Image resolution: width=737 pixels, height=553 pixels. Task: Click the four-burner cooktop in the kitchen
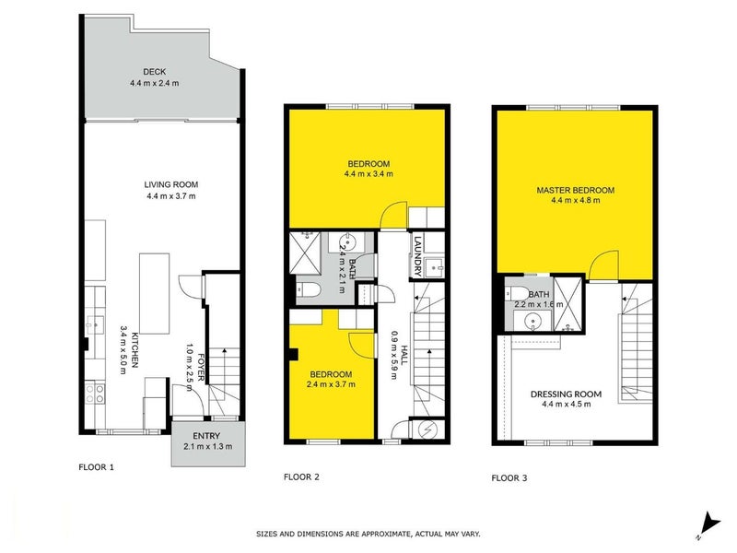tap(94, 395)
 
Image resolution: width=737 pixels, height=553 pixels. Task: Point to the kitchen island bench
tap(154, 294)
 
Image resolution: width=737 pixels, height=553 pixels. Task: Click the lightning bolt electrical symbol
tap(425, 429)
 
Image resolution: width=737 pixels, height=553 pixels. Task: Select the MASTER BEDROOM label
tap(575, 191)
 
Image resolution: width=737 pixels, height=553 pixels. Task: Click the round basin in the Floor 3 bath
tap(532, 322)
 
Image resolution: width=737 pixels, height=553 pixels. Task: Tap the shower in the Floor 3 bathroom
tap(567, 304)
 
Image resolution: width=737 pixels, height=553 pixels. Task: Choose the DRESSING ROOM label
tap(566, 394)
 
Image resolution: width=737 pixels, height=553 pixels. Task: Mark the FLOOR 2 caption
tap(301, 477)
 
